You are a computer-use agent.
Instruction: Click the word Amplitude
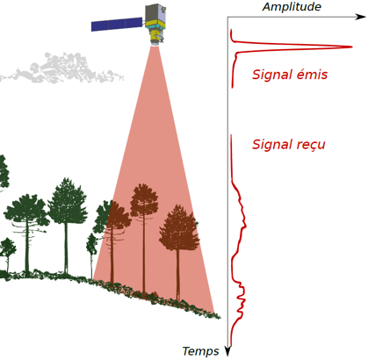[x=292, y=7]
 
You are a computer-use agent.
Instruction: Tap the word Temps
[x=200, y=351]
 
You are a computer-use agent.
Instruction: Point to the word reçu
[x=313, y=146]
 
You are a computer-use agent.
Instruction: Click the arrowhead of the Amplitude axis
[x=361, y=17]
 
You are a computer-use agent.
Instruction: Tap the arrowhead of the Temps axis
[x=227, y=351]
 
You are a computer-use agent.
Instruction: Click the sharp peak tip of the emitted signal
[x=351, y=47]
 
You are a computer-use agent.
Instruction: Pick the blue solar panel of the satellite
[x=117, y=24]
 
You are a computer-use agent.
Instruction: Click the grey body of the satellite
[x=155, y=13]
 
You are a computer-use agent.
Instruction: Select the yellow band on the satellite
[x=155, y=24]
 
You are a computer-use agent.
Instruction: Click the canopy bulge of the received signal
[x=242, y=218]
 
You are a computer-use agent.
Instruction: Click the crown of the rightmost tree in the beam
[x=179, y=228]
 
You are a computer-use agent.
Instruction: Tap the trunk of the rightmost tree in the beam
[x=178, y=275]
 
